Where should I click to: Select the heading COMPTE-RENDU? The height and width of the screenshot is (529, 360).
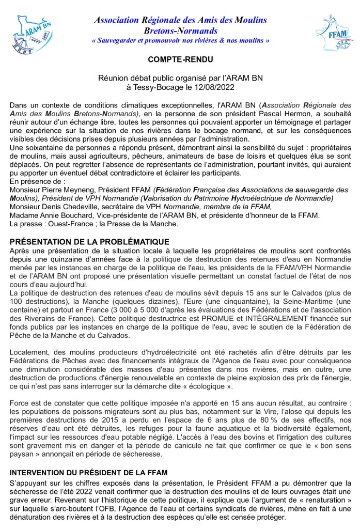180,60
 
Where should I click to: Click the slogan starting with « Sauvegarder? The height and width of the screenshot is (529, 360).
180,40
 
